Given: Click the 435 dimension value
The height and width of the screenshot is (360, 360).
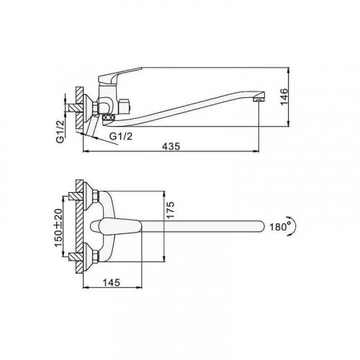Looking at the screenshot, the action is (171, 146).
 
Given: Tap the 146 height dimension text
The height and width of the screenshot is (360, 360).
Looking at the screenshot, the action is (284, 96).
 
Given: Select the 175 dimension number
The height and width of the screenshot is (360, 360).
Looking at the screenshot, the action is (170, 210).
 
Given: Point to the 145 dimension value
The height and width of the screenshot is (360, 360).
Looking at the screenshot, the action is (112, 282).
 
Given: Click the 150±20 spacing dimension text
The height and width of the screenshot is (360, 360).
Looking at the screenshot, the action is (58, 228).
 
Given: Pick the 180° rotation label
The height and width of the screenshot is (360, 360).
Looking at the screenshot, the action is (280, 227).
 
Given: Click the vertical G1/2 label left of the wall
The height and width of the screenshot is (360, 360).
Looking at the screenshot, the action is (60, 132).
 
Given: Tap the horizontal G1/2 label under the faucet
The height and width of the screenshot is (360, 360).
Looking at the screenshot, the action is (121, 136).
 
